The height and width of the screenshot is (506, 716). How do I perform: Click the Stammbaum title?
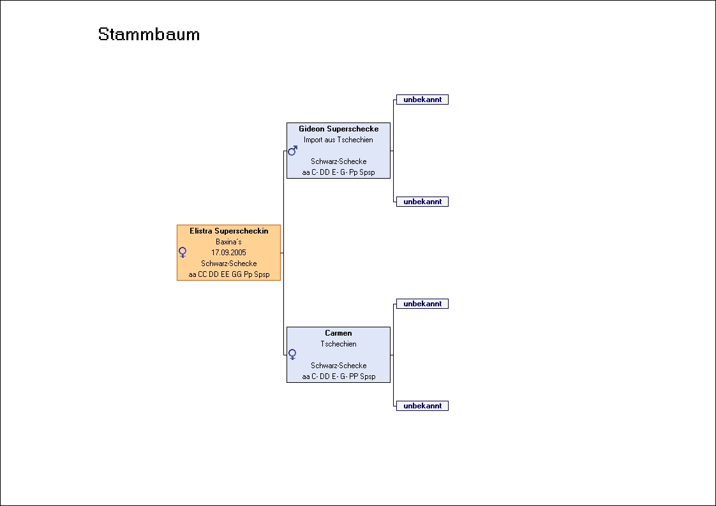(149, 34)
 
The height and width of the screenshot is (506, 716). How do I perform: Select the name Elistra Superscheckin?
(228, 231)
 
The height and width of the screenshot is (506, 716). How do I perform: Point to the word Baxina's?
(228, 242)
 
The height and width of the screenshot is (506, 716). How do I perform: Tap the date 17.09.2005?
(228, 253)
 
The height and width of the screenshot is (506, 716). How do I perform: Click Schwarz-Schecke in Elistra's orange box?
(228, 264)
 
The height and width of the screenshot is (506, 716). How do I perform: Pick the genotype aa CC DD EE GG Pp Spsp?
(228, 274)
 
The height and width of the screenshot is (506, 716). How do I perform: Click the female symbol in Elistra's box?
(183, 253)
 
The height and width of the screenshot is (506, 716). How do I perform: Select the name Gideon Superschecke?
(338, 129)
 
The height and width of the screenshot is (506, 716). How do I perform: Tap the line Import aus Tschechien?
(338, 140)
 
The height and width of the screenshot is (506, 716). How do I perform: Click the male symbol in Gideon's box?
(293, 151)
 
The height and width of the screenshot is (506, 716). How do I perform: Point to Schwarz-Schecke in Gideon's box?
(338, 161)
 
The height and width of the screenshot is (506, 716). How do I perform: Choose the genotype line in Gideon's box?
(338, 172)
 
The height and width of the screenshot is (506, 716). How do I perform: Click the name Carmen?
(338, 333)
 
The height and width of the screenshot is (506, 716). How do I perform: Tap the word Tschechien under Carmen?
(338, 344)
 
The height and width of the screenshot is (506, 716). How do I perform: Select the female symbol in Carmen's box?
(293, 354)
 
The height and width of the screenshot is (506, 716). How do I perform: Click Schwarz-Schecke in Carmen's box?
(338, 366)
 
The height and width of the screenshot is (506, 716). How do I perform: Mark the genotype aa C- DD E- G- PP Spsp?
(338, 376)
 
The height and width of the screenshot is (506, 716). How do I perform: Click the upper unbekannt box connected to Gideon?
(422, 100)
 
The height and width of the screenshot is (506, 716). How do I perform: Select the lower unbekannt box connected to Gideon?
(422, 202)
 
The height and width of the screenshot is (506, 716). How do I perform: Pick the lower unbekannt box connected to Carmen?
(422, 406)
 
